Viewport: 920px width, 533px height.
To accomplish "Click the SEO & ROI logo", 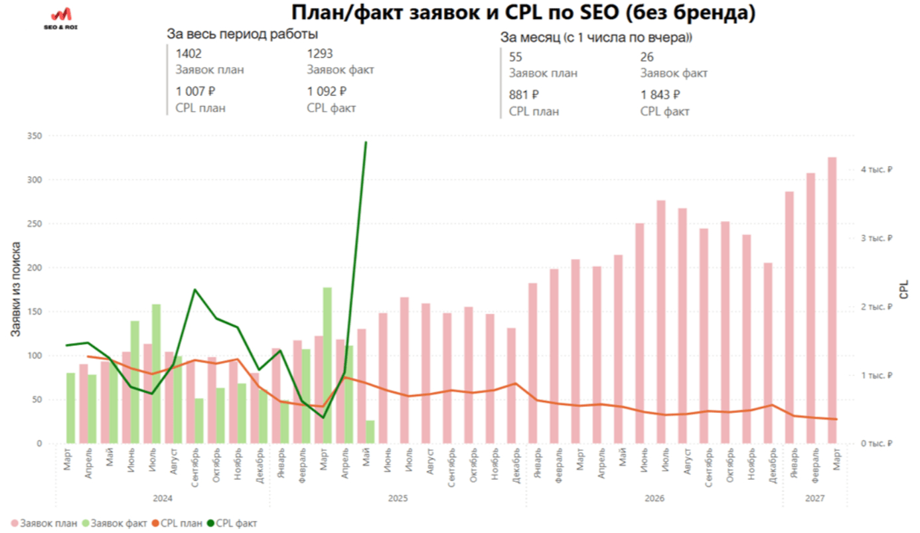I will point(60,18).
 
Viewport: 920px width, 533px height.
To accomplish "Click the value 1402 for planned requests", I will point(189,54).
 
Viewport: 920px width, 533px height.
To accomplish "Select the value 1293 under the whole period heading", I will point(320,54).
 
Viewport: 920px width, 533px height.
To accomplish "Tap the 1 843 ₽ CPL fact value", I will point(660,95).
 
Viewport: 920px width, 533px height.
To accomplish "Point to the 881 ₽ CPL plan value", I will point(524,95).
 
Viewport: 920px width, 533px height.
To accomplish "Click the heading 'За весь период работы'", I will point(242,35).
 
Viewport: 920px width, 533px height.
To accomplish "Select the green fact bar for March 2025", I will point(327,365).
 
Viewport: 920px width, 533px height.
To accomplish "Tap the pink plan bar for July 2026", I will point(660,322).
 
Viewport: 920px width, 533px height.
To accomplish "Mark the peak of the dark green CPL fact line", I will point(366,143).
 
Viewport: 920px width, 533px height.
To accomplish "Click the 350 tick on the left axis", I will point(34,136).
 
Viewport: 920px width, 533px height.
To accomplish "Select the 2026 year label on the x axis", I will point(654,497).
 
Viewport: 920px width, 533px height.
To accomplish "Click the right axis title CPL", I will point(904,289).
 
